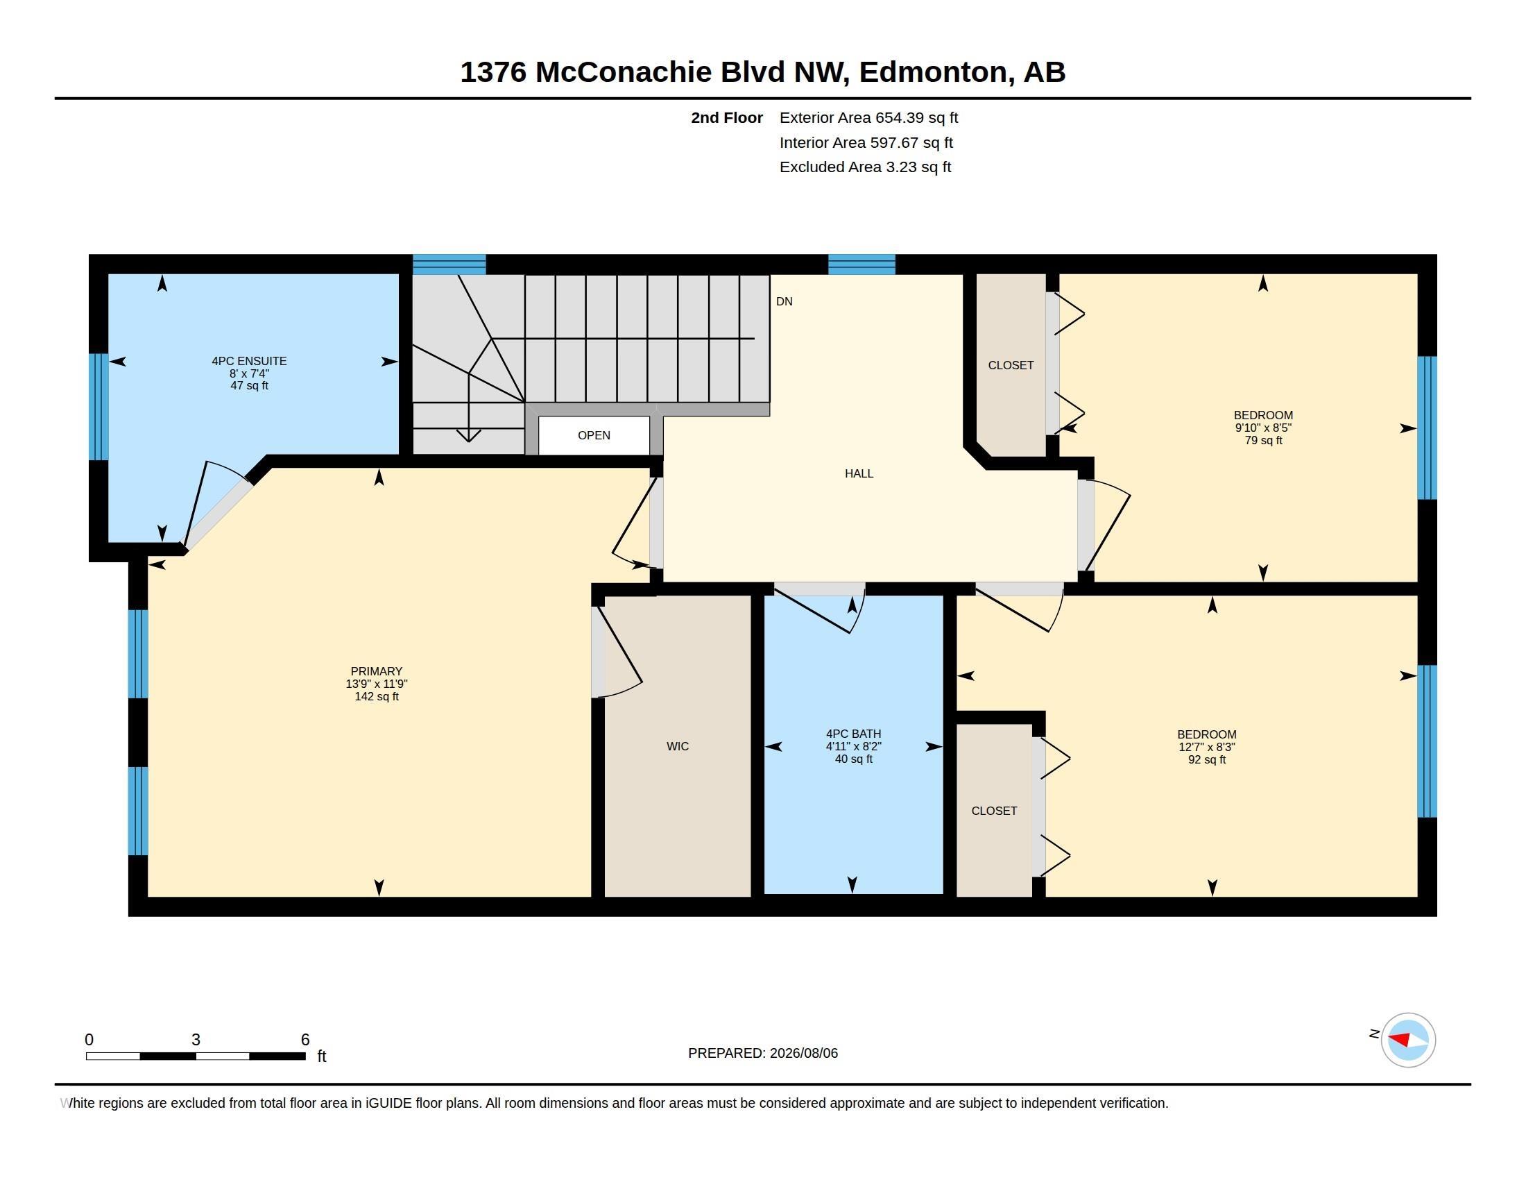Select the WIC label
click(678, 747)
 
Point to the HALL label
click(859, 473)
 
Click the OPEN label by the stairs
click(594, 435)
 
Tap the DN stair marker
click(784, 301)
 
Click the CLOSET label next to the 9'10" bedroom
click(1011, 365)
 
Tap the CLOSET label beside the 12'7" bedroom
click(993, 811)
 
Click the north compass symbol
click(1408, 1040)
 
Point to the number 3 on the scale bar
click(196, 1040)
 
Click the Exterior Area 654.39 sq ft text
click(868, 118)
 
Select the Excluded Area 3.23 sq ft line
click(865, 167)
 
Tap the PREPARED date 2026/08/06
click(803, 1053)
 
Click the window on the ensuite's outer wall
click(98, 407)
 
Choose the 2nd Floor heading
click(727, 118)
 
